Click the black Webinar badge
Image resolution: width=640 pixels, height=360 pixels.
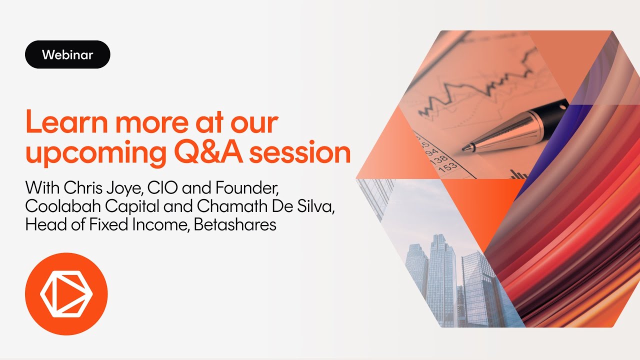[x=67, y=54]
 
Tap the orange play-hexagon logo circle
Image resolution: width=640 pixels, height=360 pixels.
[x=66, y=294]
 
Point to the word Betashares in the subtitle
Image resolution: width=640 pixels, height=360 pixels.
[x=235, y=224]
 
